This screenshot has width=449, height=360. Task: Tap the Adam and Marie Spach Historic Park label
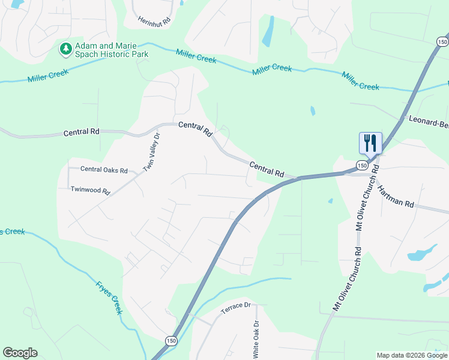[111, 49]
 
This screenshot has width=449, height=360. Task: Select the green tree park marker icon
[65, 49]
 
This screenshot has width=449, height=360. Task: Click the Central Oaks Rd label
[104, 170]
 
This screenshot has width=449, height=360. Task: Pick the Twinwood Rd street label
[91, 191]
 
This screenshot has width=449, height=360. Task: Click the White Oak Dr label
[256, 340]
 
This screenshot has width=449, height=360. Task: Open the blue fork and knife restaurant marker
[370, 143]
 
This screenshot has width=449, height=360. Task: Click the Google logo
[20, 353]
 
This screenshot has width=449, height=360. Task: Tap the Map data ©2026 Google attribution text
[412, 355]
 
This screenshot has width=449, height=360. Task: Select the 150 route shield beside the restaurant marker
[361, 165]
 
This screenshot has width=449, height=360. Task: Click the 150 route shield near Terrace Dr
[172, 339]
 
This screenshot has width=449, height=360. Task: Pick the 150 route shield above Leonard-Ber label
[441, 41]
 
